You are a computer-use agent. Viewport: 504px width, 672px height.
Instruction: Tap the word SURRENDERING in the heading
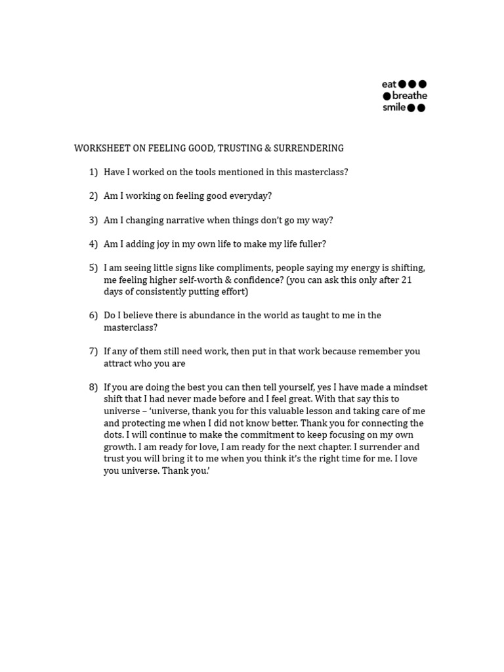pyautogui.click(x=308, y=148)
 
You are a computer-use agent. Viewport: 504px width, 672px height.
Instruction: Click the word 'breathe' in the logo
pyautogui.click(x=409, y=96)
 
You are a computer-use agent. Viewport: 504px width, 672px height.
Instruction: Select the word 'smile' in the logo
pyautogui.click(x=394, y=108)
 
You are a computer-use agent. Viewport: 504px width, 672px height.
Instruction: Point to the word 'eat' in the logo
pyautogui.click(x=389, y=84)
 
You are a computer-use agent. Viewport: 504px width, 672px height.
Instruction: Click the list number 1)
pyautogui.click(x=93, y=172)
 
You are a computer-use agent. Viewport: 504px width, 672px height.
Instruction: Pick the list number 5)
pyautogui.click(x=93, y=268)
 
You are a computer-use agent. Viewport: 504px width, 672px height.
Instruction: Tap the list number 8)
pyautogui.click(x=93, y=387)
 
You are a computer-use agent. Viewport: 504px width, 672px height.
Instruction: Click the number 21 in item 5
pyautogui.click(x=406, y=280)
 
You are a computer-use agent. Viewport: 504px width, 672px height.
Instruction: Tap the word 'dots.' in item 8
pyautogui.click(x=115, y=434)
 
